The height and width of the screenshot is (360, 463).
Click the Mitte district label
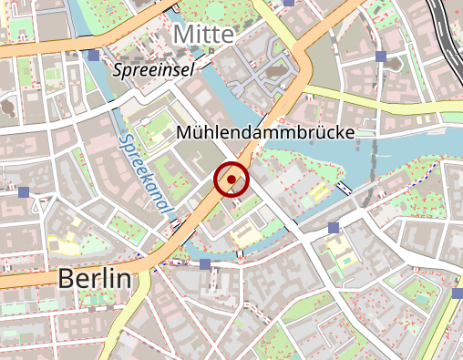(203, 35)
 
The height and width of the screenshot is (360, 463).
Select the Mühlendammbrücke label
(264, 133)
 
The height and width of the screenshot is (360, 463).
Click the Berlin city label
(94, 279)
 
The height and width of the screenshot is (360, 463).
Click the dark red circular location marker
(231, 180)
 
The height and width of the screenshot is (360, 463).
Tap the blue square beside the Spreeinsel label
(94, 57)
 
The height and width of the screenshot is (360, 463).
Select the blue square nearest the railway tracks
(381, 57)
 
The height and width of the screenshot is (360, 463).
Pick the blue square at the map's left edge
(24, 192)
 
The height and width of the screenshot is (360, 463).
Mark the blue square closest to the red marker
(205, 263)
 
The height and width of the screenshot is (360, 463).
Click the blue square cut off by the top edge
(289, 3)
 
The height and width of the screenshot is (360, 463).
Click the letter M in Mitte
(182, 35)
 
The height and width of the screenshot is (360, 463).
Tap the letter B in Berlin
(66, 279)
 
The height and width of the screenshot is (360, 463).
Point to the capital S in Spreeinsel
(117, 69)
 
